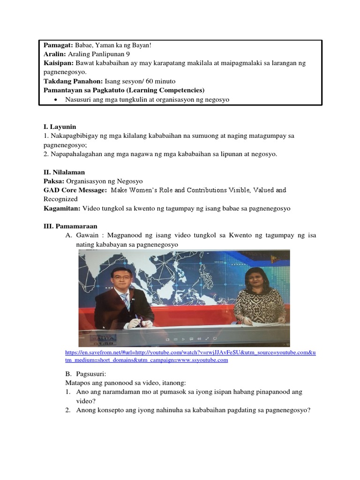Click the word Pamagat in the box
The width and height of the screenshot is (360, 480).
(57, 45)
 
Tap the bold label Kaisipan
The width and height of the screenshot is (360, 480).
(58, 63)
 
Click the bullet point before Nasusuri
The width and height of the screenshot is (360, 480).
(56, 100)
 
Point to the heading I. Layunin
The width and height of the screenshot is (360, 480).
(60, 127)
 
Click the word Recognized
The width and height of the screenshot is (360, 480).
(61, 199)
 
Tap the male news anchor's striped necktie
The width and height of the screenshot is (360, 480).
(126, 300)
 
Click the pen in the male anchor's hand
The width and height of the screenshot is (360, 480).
(136, 319)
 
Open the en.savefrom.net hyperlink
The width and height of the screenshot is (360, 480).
(190, 352)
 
